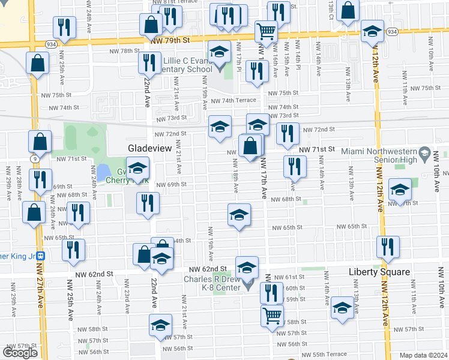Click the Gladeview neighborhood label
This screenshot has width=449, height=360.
149,148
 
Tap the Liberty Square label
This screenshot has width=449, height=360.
379,272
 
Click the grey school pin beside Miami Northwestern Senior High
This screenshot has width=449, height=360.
426,153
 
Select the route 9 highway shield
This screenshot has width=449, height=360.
35,159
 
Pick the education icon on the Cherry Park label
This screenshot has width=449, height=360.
137,170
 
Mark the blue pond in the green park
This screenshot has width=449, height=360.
103,171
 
